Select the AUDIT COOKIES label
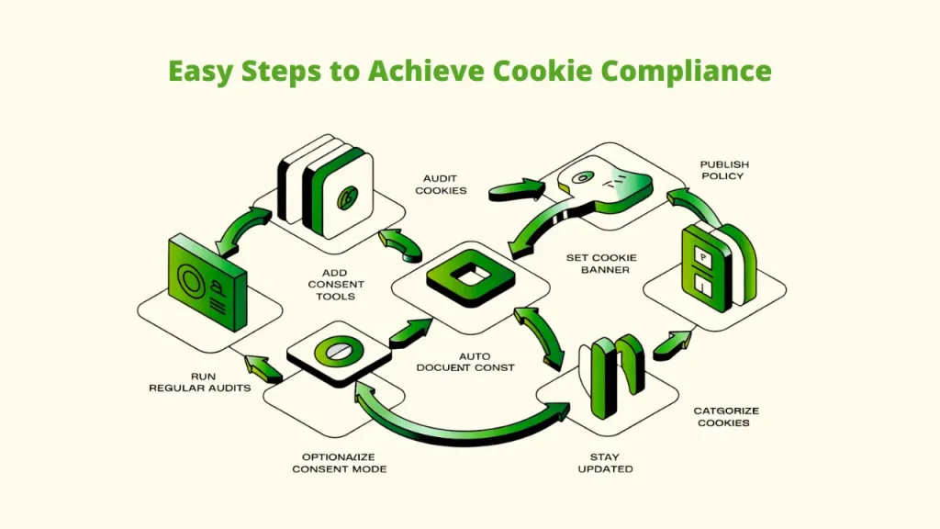441,184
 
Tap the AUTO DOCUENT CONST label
466,362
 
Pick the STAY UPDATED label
606,463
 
